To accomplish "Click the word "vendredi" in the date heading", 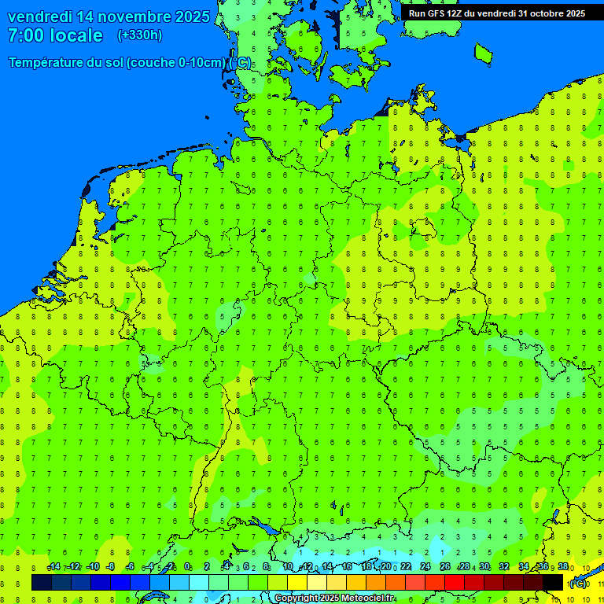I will tap(40, 17).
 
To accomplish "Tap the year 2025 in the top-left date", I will tap(190, 17).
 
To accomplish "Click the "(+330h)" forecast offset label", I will tap(140, 35).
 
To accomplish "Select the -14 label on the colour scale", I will tap(53, 567).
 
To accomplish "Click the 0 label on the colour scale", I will tap(187, 567).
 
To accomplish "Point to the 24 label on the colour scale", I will tap(425, 567).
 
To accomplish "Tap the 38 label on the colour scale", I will tap(563, 567).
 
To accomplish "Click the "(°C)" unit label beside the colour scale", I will tap(578, 584).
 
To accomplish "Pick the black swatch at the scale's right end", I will tap(553, 582).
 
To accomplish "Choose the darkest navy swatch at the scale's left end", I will tap(42, 582).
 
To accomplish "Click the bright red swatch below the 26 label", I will tap(455, 582).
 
